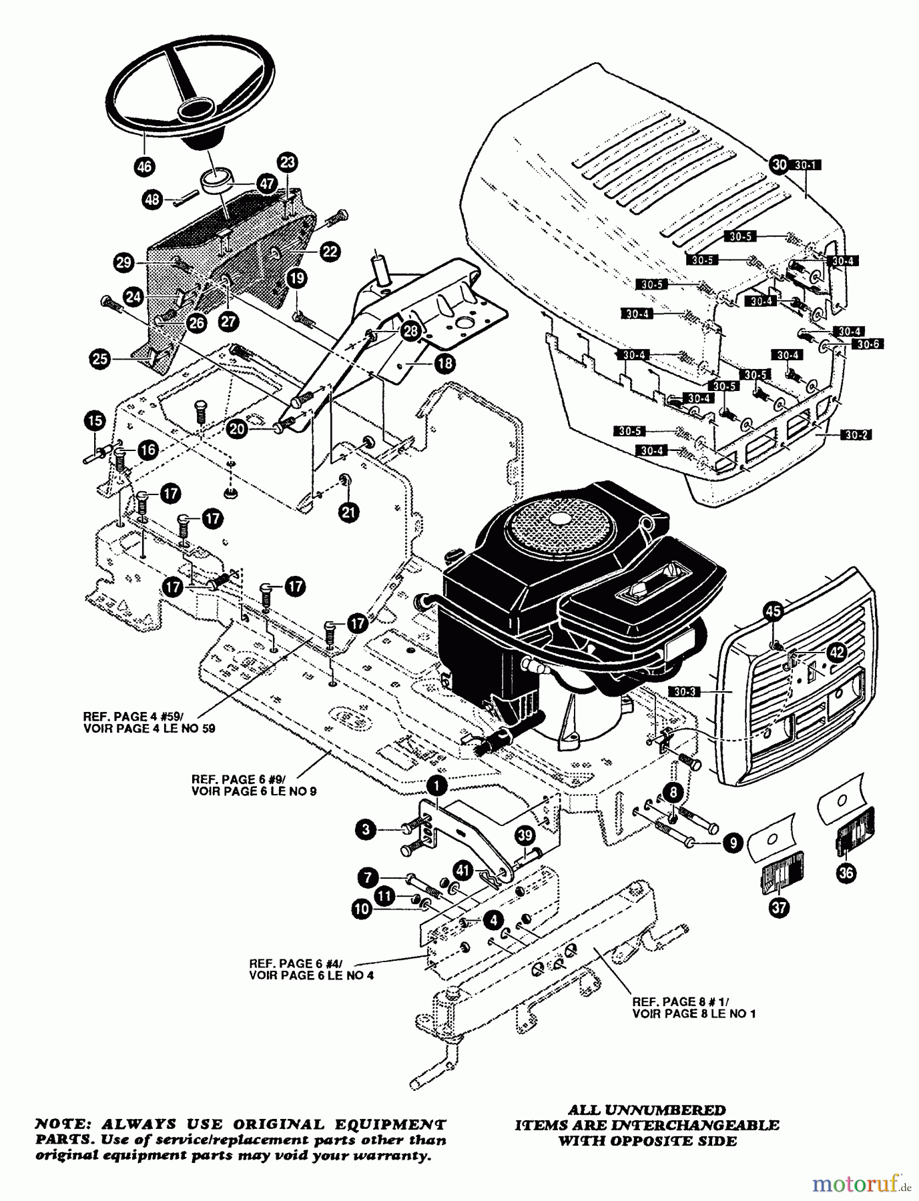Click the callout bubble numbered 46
point(143,167)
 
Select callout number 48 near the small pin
point(153,199)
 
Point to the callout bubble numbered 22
point(329,252)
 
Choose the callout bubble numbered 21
point(348,512)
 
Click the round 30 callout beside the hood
point(780,163)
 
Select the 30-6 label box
point(867,345)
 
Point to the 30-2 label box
point(856,434)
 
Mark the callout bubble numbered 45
point(773,610)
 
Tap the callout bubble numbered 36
point(848,873)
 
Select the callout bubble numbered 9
point(733,843)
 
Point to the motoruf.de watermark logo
point(861,1184)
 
